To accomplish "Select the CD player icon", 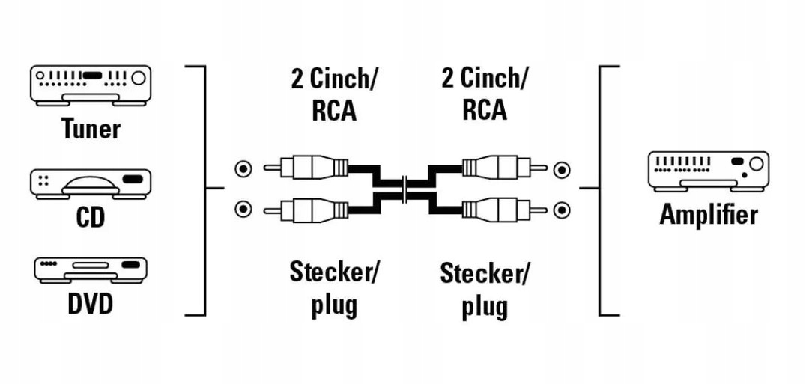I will click(x=90, y=184).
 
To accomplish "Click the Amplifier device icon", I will click(x=708, y=171).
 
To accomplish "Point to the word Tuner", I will click(x=90, y=129).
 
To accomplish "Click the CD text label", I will click(x=90, y=218).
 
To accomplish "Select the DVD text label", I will click(x=90, y=305).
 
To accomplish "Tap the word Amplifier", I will click(x=708, y=215).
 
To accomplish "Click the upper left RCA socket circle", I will click(x=241, y=169).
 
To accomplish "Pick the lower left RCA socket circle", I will click(x=241, y=207).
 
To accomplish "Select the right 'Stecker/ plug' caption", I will click(x=483, y=289).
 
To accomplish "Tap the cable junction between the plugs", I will click(x=403, y=189).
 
